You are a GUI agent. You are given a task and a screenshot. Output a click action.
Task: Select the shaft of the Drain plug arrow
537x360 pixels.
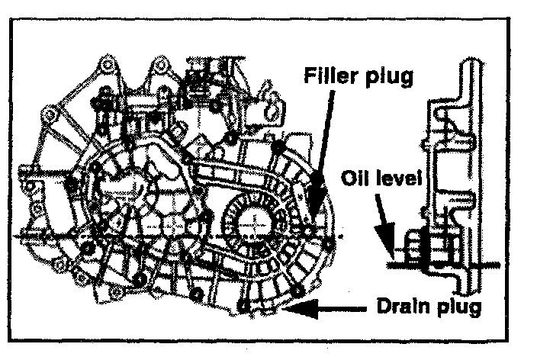point(336,309)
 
